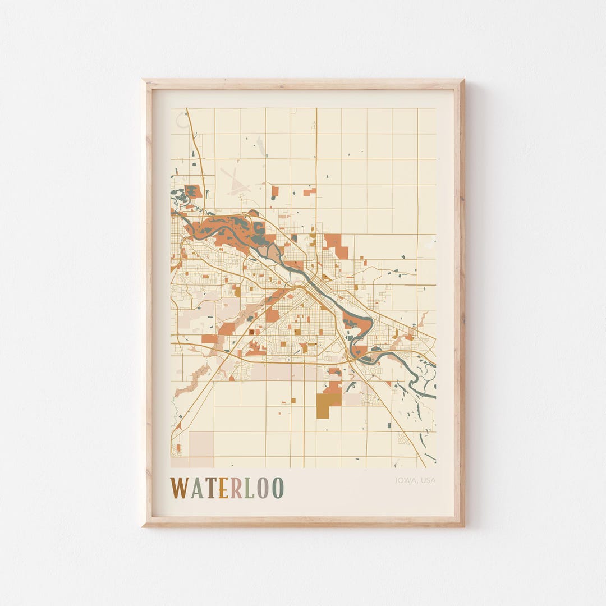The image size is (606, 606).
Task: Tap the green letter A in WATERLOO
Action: coord(196,488)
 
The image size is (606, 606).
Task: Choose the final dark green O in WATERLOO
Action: coord(278,488)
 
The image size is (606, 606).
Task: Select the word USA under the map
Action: coord(428,480)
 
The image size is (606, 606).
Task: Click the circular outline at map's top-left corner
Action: coord(182,120)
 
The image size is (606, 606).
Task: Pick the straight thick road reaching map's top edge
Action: coord(316,146)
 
